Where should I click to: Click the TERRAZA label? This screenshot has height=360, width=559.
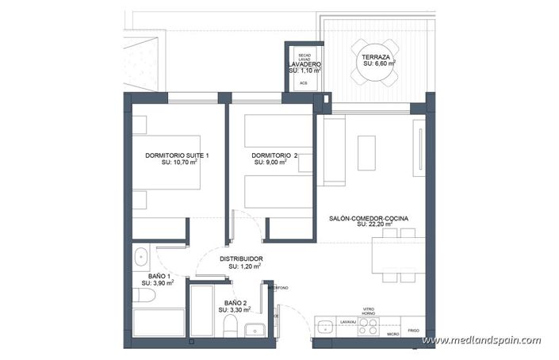tap(374, 58)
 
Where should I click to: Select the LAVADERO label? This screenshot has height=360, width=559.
tap(304, 63)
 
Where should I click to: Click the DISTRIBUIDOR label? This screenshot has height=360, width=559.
tap(241, 259)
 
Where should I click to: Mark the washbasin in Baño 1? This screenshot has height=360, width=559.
tap(141, 256)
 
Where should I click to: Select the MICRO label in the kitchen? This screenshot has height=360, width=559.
tap(392, 335)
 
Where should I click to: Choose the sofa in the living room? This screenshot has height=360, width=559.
tap(334, 151)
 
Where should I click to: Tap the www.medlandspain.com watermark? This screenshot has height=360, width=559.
tap(481, 340)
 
